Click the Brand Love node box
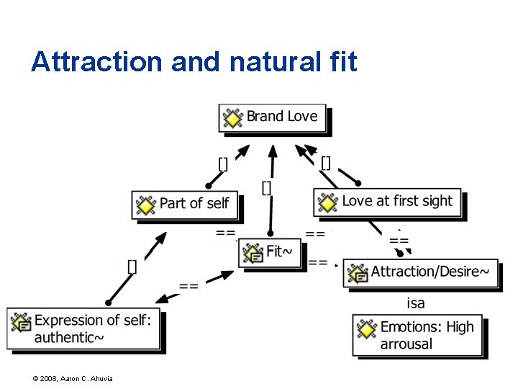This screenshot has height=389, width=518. click(x=273, y=117)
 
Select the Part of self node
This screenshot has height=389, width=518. click(x=185, y=205)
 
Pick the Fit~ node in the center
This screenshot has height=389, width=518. click(x=270, y=253)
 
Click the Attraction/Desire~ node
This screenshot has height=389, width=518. click(x=420, y=272)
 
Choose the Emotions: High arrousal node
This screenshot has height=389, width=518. click(x=417, y=336)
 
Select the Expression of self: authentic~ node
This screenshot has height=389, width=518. click(x=84, y=329)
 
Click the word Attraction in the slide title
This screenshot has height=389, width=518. click(x=96, y=62)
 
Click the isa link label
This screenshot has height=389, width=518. click(x=416, y=303)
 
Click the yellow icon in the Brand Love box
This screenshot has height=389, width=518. click(x=233, y=117)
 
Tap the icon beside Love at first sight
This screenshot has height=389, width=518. click(x=328, y=202)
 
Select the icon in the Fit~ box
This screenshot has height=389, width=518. click(x=253, y=253)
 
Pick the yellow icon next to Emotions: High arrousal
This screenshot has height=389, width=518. click(x=367, y=329)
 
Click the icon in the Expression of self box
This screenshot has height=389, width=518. click(x=22, y=322)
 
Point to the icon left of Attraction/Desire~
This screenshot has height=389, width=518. click(x=358, y=273)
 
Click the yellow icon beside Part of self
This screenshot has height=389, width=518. click(x=146, y=205)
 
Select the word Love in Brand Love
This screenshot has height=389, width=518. click(x=302, y=117)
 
